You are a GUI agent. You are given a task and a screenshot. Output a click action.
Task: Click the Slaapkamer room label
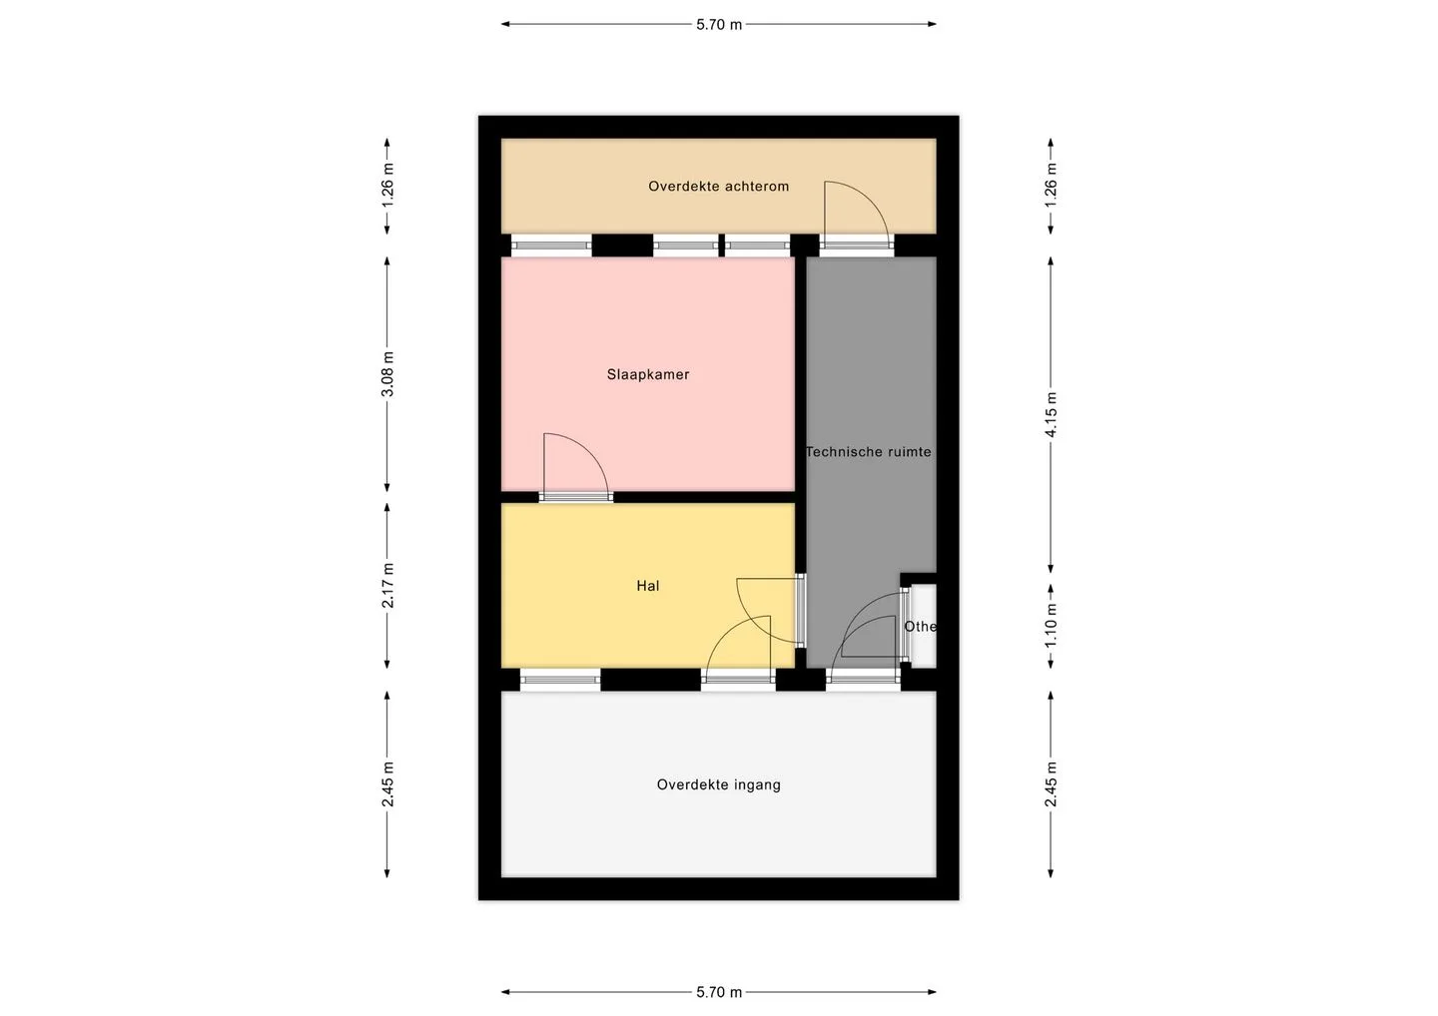[x=648, y=374]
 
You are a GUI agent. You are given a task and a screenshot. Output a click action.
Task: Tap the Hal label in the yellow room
[x=648, y=586]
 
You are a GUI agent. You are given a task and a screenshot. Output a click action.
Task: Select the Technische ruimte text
[x=869, y=452]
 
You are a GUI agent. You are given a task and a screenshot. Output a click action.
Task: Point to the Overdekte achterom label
[x=718, y=187]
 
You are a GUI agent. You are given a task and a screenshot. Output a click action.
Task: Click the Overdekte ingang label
[x=718, y=785]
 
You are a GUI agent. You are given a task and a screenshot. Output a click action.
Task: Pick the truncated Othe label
[x=920, y=627]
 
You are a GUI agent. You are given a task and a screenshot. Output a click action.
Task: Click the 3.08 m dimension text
[x=387, y=374]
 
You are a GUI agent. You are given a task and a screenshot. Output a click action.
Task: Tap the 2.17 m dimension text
[x=387, y=585]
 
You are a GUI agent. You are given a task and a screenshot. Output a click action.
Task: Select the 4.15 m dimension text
[x=1051, y=414]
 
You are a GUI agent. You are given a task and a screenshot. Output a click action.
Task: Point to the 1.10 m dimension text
[x=1051, y=627]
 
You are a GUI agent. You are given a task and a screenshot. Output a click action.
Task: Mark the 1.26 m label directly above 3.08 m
[x=387, y=186]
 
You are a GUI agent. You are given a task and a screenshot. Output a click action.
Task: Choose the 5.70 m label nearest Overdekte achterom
[x=719, y=24]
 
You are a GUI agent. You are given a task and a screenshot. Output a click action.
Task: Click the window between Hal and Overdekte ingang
[x=560, y=680]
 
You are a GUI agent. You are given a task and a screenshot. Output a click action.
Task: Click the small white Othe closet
[x=923, y=627]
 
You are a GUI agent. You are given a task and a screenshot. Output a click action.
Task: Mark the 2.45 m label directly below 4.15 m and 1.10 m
[x=1051, y=785]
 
